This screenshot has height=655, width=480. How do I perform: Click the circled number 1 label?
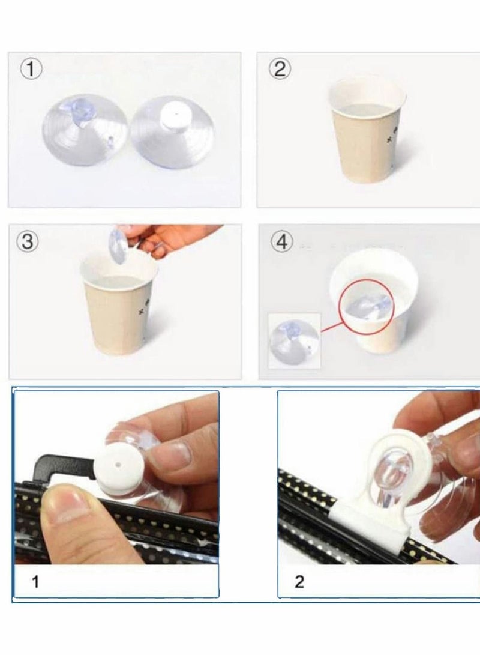pyautogui.click(x=31, y=69)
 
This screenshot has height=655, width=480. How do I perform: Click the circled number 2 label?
pyautogui.click(x=280, y=69)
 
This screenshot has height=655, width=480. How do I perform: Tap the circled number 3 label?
pyautogui.click(x=28, y=242)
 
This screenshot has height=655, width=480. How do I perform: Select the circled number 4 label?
pyautogui.click(x=282, y=241)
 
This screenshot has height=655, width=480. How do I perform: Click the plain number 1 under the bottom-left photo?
pyautogui.click(x=35, y=582)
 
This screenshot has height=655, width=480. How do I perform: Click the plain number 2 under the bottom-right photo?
pyautogui.click(x=299, y=582)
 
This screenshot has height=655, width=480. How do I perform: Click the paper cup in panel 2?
pyautogui.click(x=367, y=130)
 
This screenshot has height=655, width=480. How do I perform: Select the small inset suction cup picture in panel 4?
pyautogui.click(x=294, y=341)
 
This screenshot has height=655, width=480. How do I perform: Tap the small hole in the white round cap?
pyautogui.click(x=119, y=464)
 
